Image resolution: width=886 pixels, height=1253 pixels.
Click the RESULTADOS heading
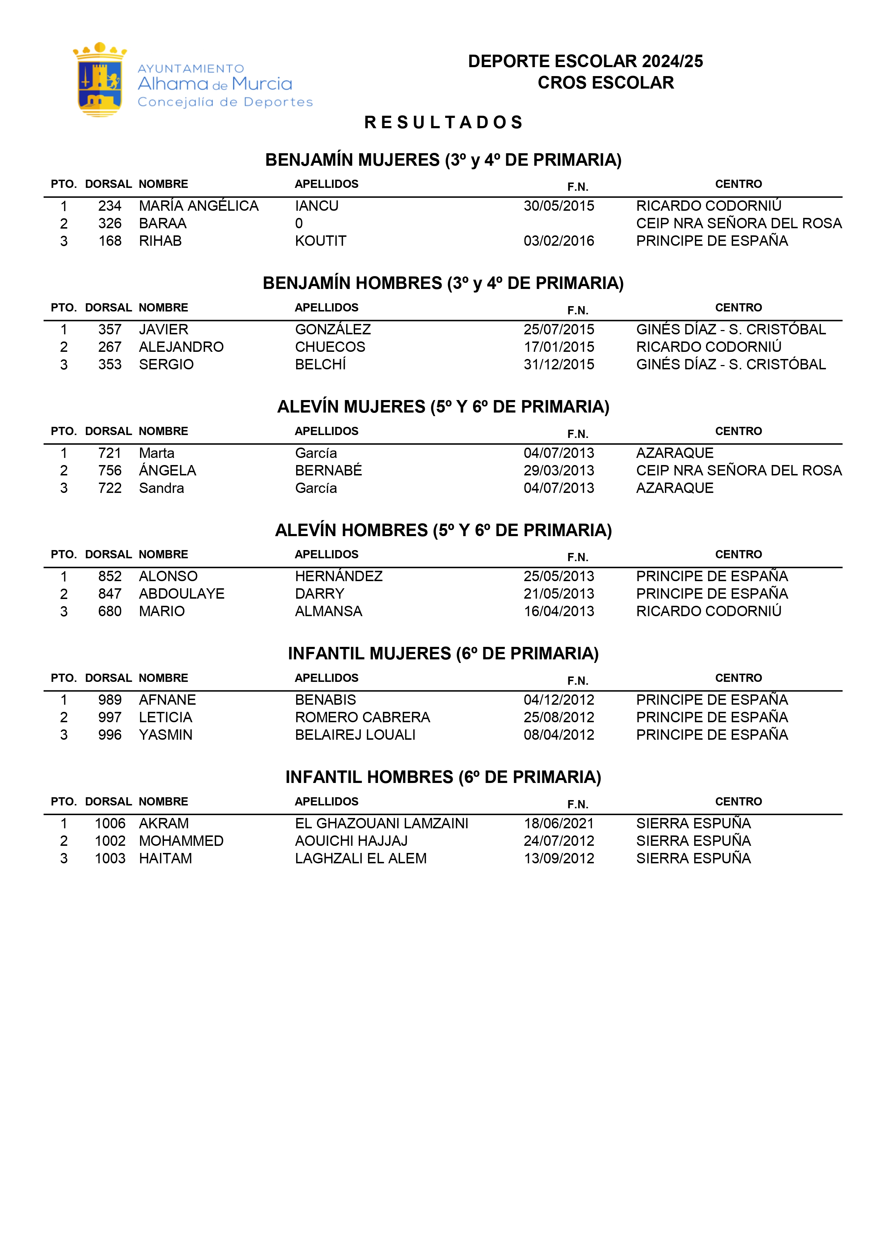[443, 122]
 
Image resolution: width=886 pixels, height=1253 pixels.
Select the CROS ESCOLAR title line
[606, 83]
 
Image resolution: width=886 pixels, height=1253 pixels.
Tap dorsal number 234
[110, 206]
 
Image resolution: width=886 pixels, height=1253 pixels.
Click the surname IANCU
[317, 206]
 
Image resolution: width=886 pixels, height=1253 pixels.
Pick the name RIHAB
[160, 241]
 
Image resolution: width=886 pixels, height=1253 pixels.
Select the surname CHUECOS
[330, 347]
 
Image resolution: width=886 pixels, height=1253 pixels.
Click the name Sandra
[161, 488]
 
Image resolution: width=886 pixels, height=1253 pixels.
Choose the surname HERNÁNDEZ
[338, 576]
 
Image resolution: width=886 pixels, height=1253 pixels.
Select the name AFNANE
[167, 700]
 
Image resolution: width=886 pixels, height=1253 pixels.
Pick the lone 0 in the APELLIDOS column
[299, 224]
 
